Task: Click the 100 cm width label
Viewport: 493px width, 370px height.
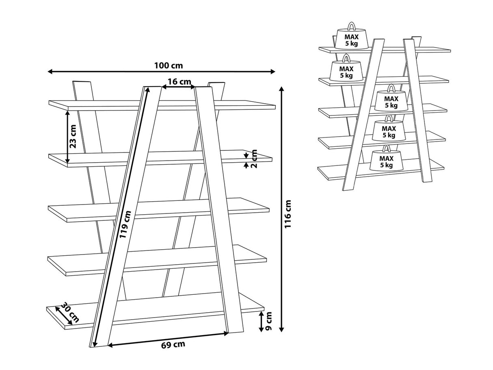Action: coord(168,65)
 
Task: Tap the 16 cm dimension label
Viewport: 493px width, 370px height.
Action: coord(179,82)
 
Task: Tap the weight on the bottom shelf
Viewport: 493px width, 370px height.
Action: coord(386,159)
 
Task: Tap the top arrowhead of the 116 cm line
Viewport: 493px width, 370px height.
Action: coord(281,89)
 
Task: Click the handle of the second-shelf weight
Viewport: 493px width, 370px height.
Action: coord(346,58)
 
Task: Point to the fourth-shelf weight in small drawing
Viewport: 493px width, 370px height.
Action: coord(389,130)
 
